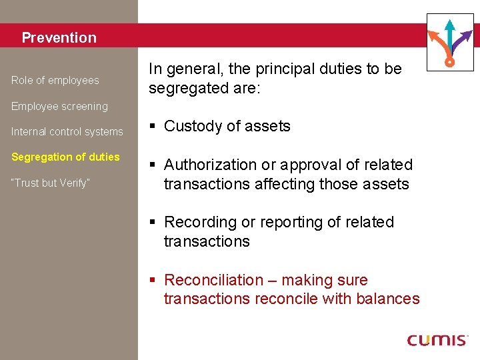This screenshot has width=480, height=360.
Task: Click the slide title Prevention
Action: pos(59,37)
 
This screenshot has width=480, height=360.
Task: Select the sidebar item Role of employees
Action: pos(55,81)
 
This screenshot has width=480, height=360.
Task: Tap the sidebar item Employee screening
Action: pos(59,106)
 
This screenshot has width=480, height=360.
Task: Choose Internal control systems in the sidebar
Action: pos(67,132)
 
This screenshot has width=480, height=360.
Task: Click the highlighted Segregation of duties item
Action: pos(65,157)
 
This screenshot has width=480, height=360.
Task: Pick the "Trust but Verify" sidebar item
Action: pos(50,183)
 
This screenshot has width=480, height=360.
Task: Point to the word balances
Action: pos(389,299)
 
